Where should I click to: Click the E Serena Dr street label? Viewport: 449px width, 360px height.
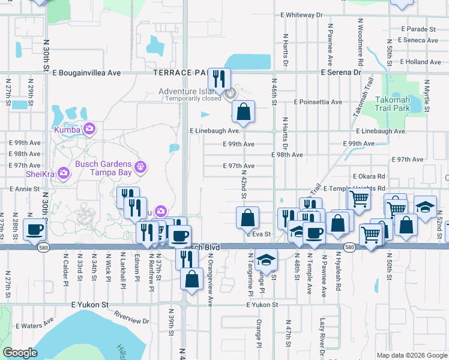pyautogui.click(x=340, y=72)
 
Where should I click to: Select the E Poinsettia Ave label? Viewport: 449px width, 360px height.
pyautogui.click(x=318, y=102)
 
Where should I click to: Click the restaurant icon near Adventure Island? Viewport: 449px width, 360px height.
pyautogui.click(x=219, y=78)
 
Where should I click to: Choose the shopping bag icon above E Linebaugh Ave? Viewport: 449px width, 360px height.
pyautogui.click(x=243, y=111)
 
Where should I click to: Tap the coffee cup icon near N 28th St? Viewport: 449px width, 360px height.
pyautogui.click(x=35, y=229)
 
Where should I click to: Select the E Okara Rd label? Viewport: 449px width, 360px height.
pyautogui.click(x=369, y=176)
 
